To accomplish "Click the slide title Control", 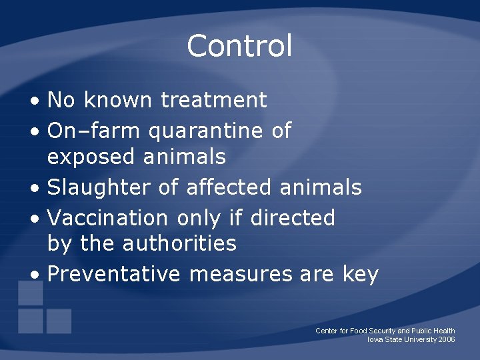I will [x=239, y=46].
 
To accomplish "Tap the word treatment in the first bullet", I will [x=213, y=101].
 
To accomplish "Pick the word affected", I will [x=229, y=187].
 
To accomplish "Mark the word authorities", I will [x=180, y=243].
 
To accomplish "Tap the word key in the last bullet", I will [x=361, y=275].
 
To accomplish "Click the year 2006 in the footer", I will [x=447, y=340].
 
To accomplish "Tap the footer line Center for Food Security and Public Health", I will [x=385, y=331].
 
